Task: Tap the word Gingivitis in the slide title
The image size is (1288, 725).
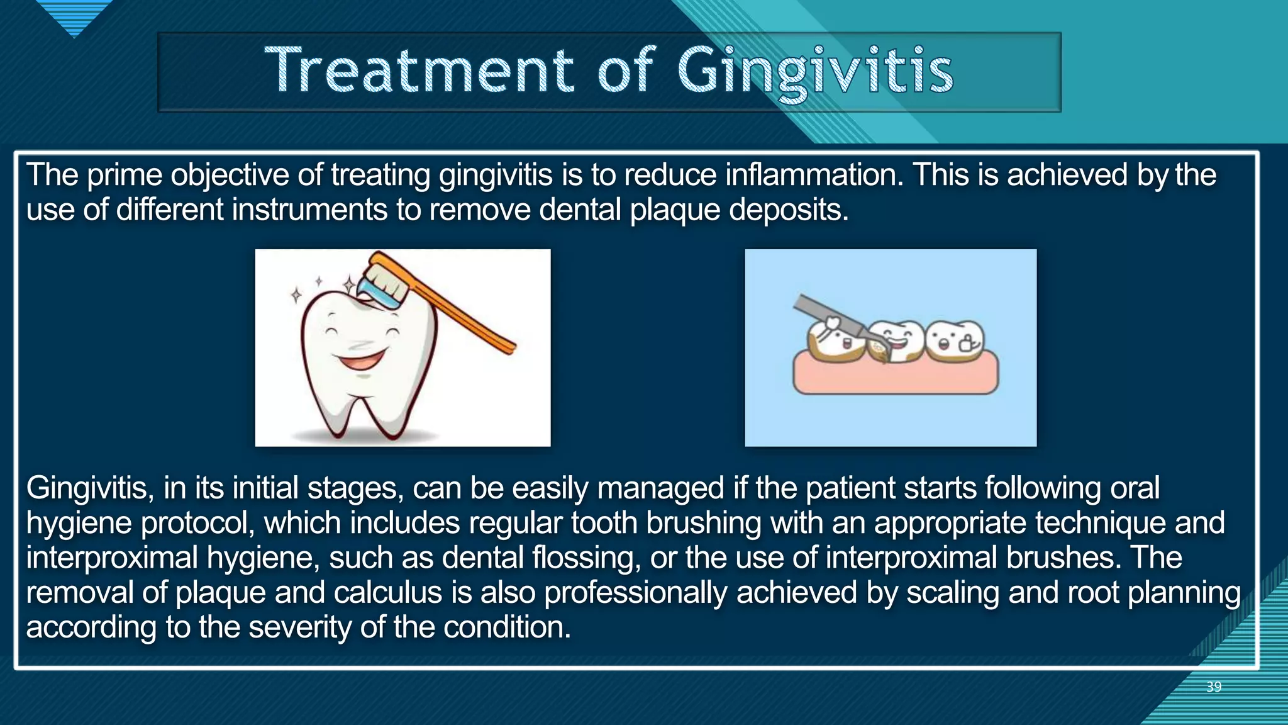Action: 816,72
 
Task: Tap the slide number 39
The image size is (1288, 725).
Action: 1214,687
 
